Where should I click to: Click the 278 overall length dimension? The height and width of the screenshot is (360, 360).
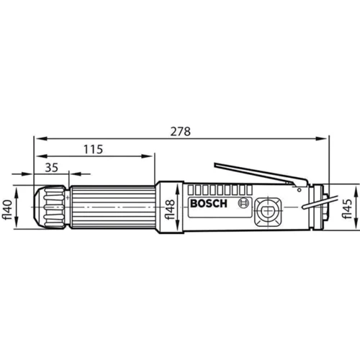point(181,132)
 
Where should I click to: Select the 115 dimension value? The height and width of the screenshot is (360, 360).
point(93,149)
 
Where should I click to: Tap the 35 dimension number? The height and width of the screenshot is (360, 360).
point(52,167)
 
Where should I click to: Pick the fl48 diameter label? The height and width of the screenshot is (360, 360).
point(170,210)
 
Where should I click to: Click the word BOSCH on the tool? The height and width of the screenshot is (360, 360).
point(209,204)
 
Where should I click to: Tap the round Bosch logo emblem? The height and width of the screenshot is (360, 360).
point(243,203)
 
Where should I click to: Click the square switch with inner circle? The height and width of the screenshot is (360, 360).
point(268,212)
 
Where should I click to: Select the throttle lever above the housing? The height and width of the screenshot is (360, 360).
point(261,174)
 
